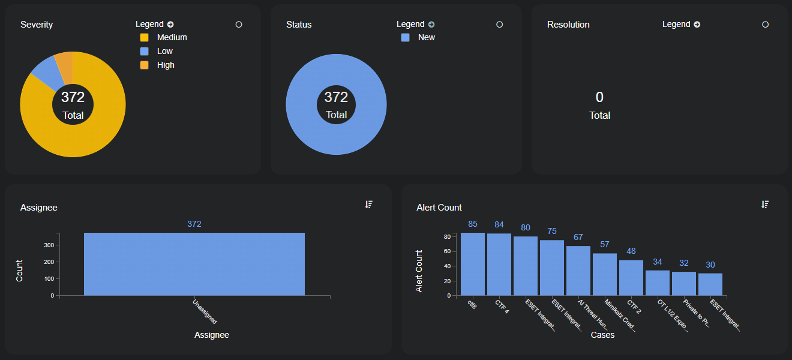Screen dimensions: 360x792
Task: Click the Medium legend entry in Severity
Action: (x=172, y=37)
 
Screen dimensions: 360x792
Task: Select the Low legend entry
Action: (x=164, y=51)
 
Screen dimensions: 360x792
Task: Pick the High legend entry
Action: (x=165, y=65)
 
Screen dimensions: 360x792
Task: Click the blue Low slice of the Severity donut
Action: (x=43, y=72)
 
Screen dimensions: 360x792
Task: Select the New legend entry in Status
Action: (x=426, y=37)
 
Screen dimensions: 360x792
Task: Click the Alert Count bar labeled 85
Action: (x=473, y=264)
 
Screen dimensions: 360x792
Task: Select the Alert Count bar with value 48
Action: (x=631, y=277)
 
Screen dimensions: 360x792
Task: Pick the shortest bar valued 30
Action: (x=710, y=284)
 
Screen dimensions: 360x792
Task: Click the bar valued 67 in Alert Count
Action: (x=578, y=271)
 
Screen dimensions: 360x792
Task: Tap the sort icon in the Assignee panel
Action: (x=369, y=205)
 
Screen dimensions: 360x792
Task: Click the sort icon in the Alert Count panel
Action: (x=765, y=205)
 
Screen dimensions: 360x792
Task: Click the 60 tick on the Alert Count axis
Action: (x=447, y=251)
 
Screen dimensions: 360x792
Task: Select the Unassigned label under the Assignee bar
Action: (x=205, y=311)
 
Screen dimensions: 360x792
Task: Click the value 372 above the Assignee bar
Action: (x=194, y=224)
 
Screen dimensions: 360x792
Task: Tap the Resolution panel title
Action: (x=568, y=25)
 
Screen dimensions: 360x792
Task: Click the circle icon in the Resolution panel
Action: (x=765, y=25)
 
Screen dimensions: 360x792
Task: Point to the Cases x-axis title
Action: (x=602, y=335)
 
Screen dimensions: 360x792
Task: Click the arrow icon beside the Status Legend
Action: (x=431, y=25)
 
